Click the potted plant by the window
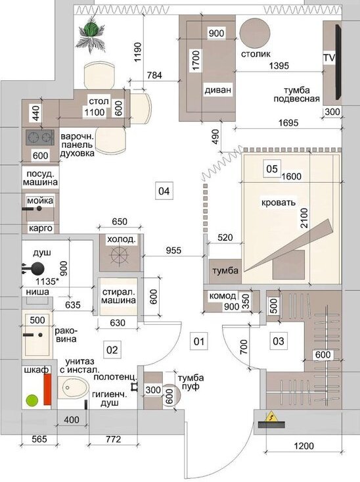click(x=91, y=33)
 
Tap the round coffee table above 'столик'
click(x=255, y=32)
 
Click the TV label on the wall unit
click(x=329, y=58)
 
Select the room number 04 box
click(x=164, y=191)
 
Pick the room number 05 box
click(x=272, y=169)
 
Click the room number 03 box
click(x=279, y=341)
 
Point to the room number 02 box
click(x=112, y=350)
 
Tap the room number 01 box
click(x=199, y=341)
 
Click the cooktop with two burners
click(x=39, y=137)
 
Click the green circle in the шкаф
click(x=32, y=400)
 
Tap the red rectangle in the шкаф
click(x=47, y=389)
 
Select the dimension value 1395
click(x=279, y=66)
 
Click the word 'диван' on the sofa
click(x=218, y=90)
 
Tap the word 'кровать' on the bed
click(x=279, y=203)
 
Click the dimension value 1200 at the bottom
click(x=304, y=446)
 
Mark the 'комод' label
click(x=223, y=296)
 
